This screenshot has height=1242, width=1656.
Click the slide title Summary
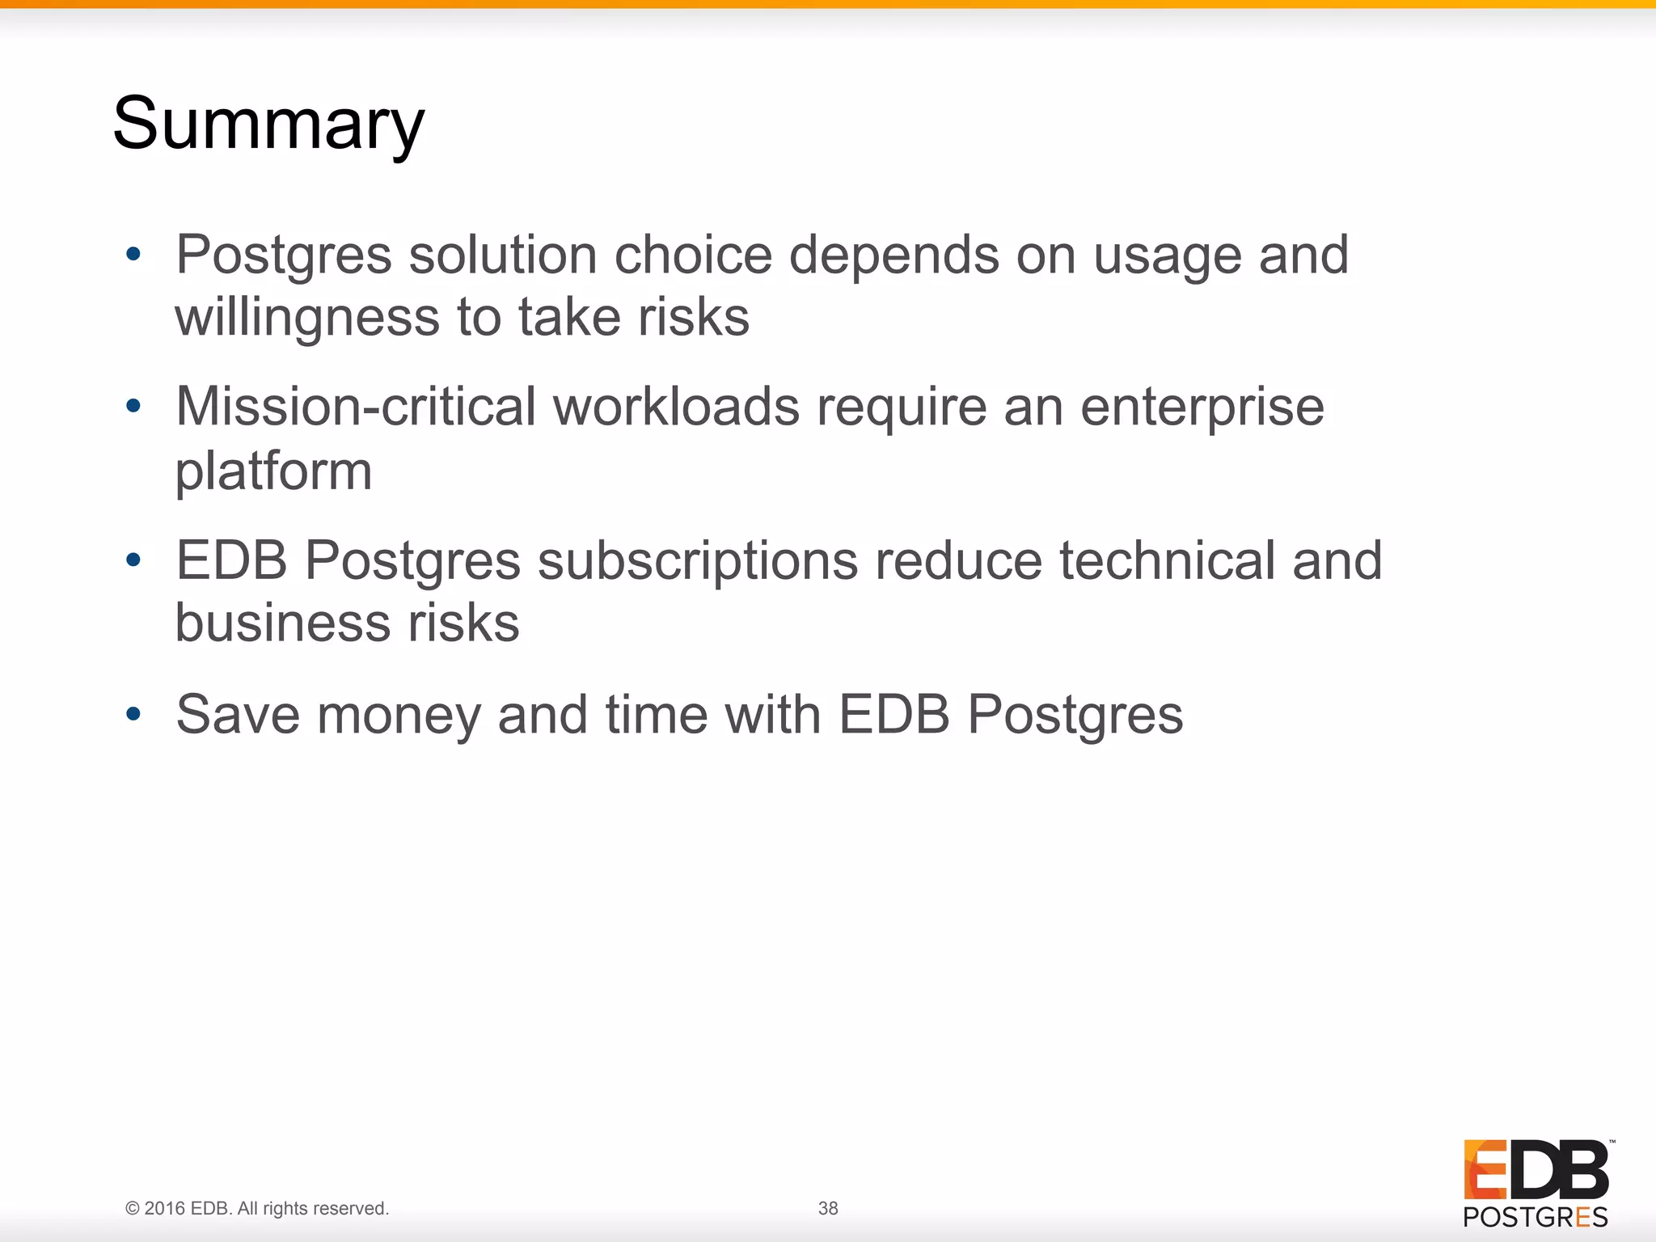268,124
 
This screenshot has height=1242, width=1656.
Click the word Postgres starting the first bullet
284,256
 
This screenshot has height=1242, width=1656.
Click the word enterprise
1202,408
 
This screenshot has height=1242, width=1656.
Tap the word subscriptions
697,561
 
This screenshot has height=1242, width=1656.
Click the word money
398,716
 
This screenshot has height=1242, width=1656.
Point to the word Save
238,715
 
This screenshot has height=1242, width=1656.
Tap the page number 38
828,1208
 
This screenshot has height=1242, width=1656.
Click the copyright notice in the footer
257,1208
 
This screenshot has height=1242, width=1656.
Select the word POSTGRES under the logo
1535,1217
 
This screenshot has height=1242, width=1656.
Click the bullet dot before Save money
133,714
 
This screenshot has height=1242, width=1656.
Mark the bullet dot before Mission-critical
133,405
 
